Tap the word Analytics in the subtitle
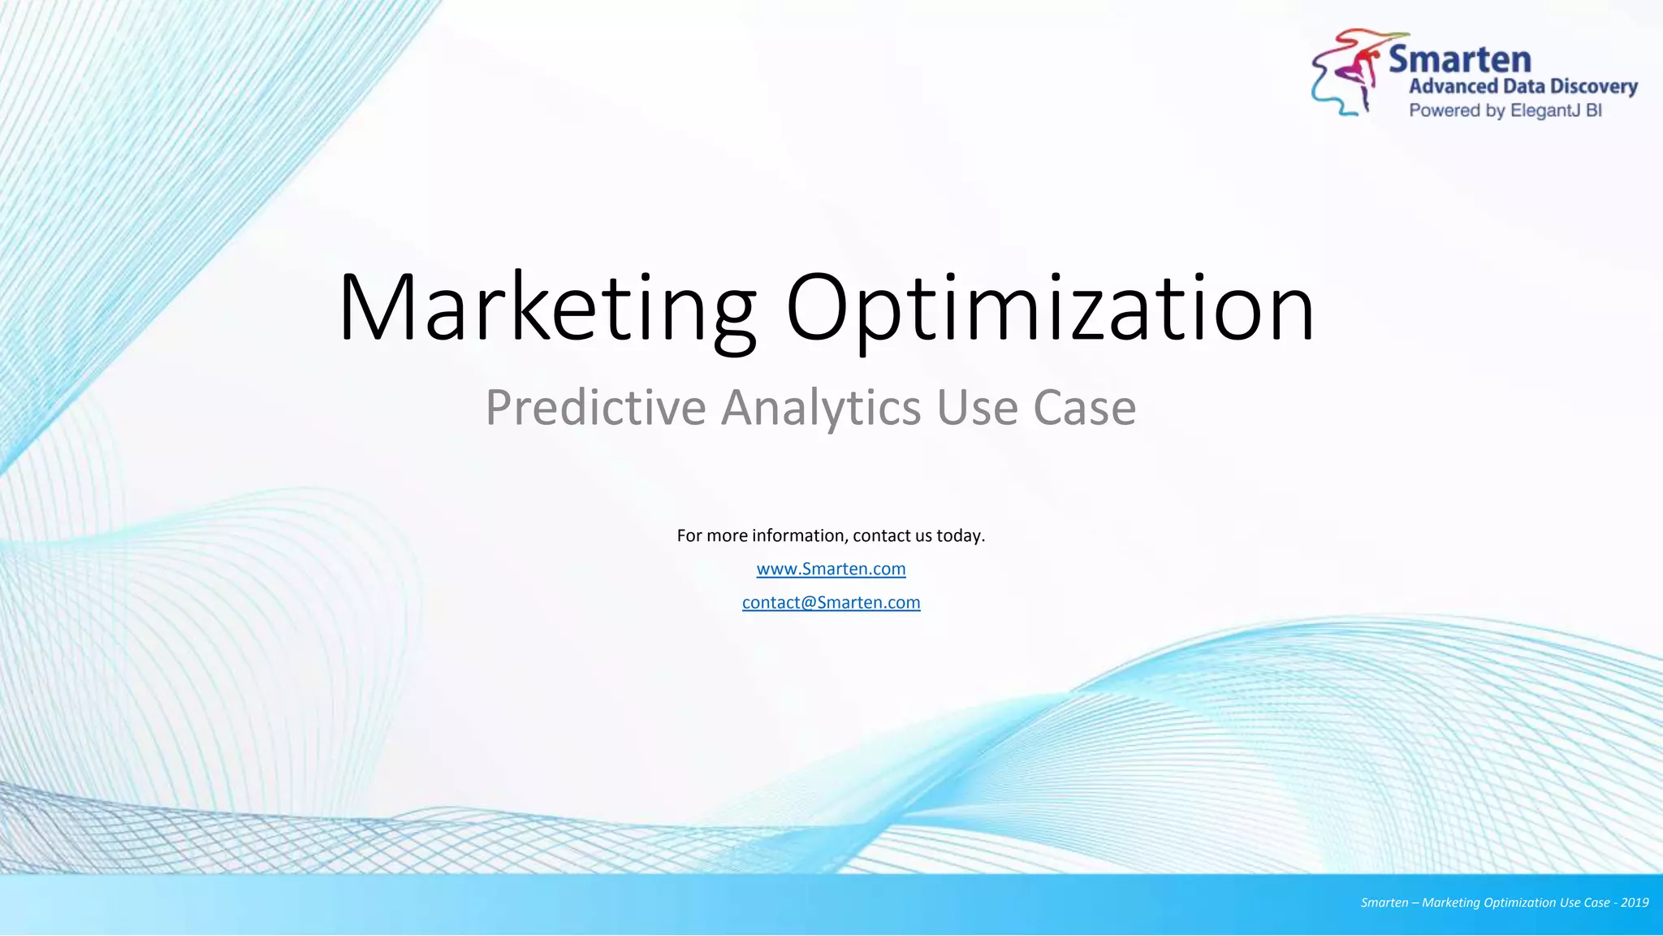point(821,407)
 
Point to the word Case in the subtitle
point(1084,407)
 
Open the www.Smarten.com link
point(831,569)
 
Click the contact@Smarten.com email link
point(831,602)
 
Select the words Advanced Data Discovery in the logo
point(1523,86)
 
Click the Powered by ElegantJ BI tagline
point(1505,110)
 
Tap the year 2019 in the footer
point(1635,903)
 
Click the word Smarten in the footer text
point(1384,903)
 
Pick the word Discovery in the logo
point(1593,86)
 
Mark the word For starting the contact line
point(689,535)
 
